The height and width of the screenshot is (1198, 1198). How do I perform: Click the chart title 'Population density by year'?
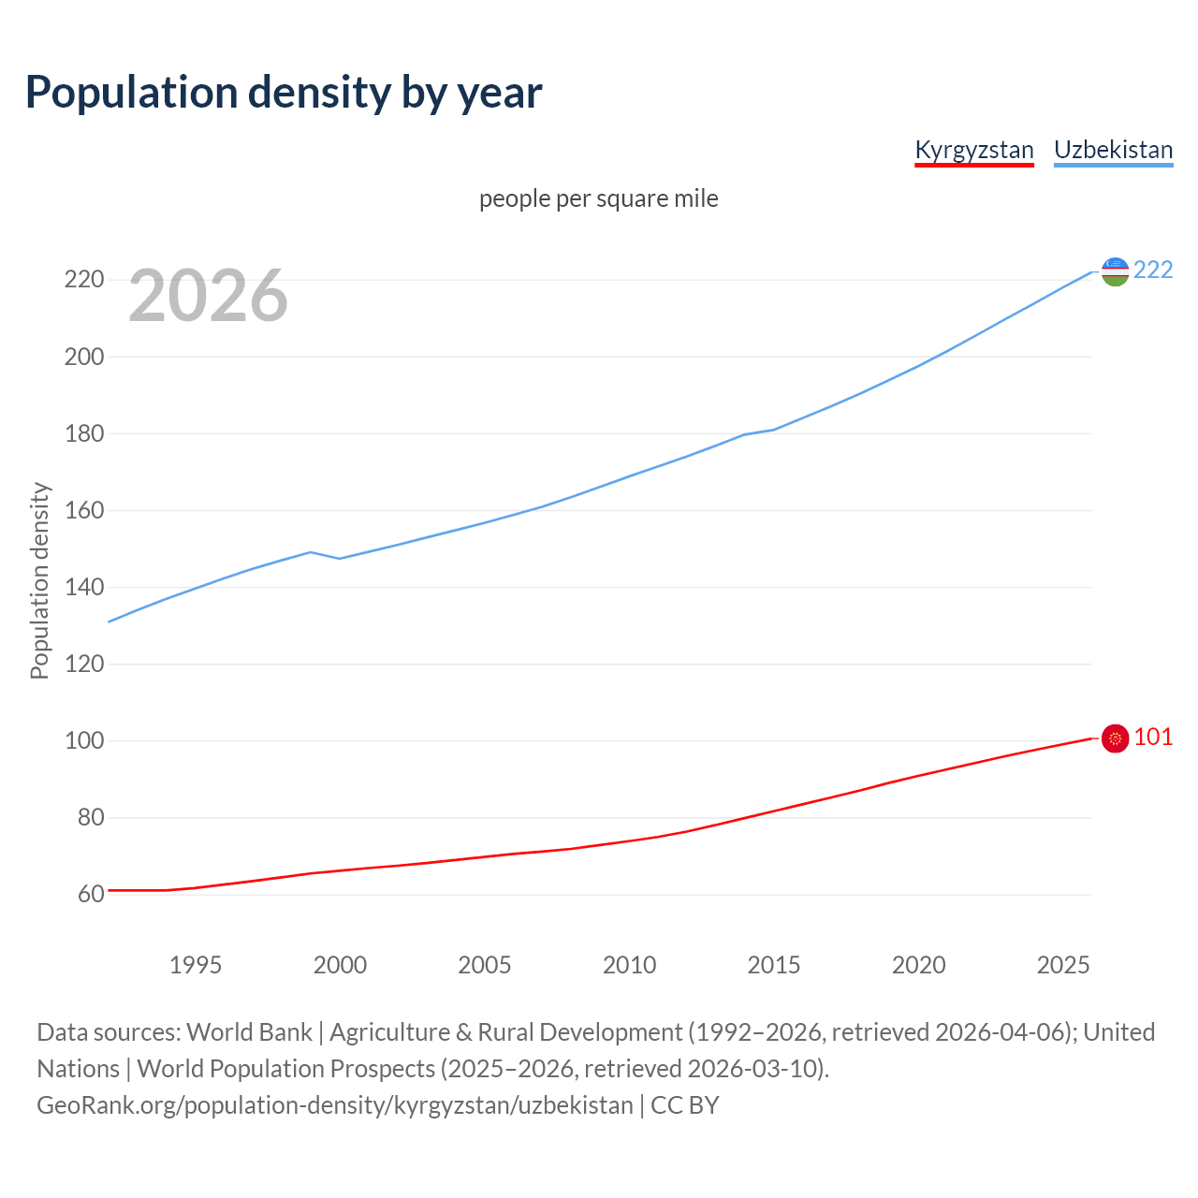click(x=284, y=93)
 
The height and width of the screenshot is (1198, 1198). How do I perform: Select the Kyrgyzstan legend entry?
click(x=973, y=150)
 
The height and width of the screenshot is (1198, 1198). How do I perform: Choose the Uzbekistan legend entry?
click(x=1113, y=150)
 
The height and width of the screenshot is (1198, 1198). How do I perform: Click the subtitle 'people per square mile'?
click(x=598, y=198)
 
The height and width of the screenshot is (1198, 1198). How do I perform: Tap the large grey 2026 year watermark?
click(x=208, y=296)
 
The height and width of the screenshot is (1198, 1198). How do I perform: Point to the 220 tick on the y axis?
click(x=83, y=280)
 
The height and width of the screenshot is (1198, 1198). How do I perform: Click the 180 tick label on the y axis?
click(x=83, y=433)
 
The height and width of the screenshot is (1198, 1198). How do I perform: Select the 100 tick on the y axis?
click(x=83, y=740)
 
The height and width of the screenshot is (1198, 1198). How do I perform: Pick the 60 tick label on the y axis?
click(x=90, y=894)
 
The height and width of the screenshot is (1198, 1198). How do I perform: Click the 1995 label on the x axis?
click(x=195, y=965)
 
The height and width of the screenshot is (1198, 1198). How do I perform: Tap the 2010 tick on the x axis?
click(x=629, y=965)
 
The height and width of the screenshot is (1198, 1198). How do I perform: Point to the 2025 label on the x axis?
click(x=1063, y=965)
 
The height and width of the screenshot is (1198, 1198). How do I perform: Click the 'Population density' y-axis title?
click(x=39, y=580)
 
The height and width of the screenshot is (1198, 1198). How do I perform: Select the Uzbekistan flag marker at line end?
click(x=1115, y=271)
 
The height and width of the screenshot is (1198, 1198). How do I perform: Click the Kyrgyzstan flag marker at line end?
click(x=1115, y=738)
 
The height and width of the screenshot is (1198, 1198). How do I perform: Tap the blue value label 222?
click(x=1153, y=270)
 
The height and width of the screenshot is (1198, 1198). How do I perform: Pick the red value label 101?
click(x=1153, y=738)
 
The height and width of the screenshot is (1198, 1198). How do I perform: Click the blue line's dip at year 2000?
click(x=340, y=559)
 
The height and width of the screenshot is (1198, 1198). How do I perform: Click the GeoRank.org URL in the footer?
click(x=335, y=1105)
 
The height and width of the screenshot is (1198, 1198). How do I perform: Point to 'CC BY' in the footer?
click(x=685, y=1105)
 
